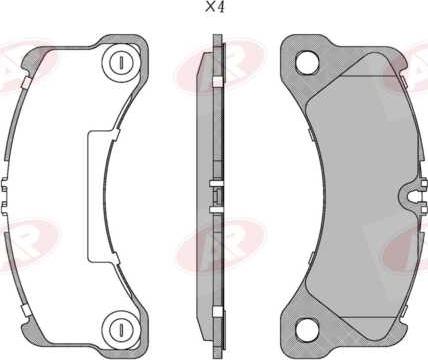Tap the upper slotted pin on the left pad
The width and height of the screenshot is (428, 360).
pyautogui.click(x=120, y=63)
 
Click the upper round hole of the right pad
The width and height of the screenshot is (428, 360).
pyautogui.click(x=306, y=62)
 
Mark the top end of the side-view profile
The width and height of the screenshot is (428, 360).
pyautogui.click(x=216, y=40)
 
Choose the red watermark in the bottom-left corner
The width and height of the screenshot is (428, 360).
pyautogui.click(x=25, y=240)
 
